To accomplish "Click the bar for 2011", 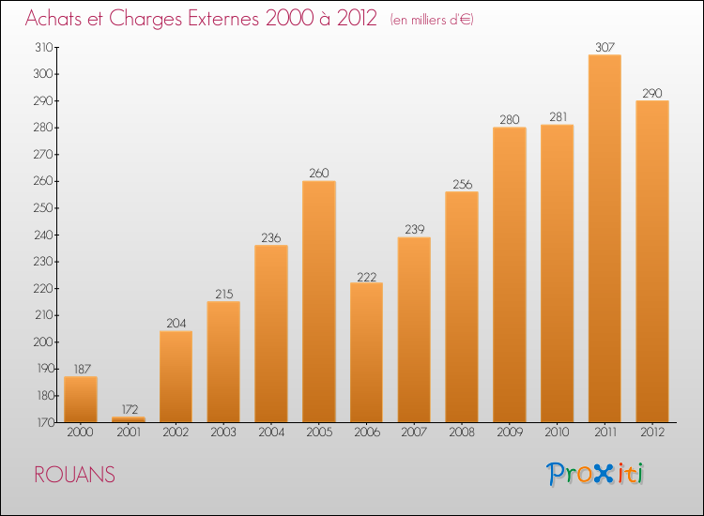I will [x=605, y=238].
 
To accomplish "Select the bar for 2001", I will [x=128, y=419].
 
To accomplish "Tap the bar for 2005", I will [x=319, y=301].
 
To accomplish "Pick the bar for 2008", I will [x=462, y=307].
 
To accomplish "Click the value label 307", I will [x=605, y=47].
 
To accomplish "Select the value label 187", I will [x=81, y=369].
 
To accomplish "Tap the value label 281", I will [x=557, y=116].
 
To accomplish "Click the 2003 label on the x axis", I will [x=223, y=433].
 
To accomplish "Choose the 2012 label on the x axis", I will [x=652, y=433].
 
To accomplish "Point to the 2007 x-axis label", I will [x=414, y=433].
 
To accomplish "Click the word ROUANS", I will [x=75, y=476].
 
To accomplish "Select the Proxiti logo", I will [x=596, y=474].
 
